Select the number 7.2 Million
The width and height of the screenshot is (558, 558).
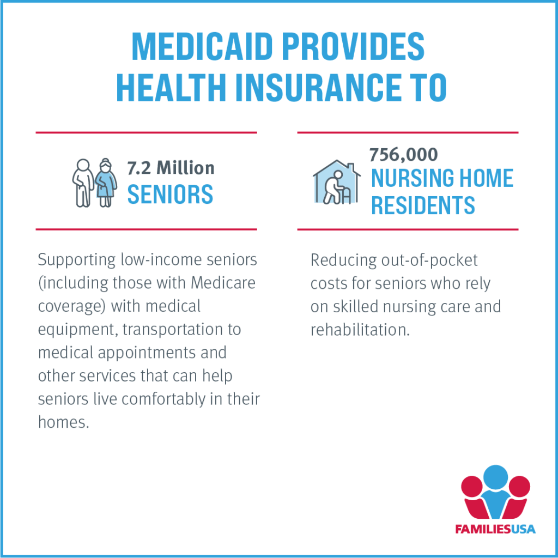(171, 168)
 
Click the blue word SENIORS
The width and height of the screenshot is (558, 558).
(170, 194)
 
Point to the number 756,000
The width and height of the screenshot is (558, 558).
(403, 155)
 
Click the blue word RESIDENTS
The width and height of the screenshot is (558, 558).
(423, 205)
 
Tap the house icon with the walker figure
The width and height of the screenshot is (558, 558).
(336, 183)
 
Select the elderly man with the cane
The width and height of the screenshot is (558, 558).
(82, 183)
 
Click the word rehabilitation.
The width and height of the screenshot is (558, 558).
(360, 330)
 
